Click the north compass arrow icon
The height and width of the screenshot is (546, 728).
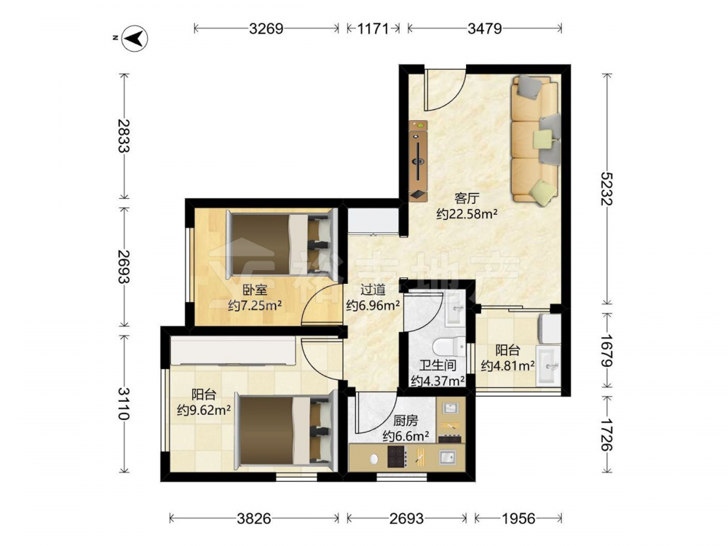[x=134, y=38]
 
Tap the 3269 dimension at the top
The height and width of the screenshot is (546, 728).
[x=266, y=29]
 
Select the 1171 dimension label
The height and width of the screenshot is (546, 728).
[x=373, y=29]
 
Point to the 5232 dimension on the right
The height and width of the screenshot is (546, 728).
[x=607, y=189]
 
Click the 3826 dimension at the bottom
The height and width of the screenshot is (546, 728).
[x=254, y=518]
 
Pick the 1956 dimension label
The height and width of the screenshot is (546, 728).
[x=518, y=518]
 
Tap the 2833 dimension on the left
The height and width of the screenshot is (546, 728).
[x=124, y=136]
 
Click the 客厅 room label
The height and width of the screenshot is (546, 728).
[x=467, y=199]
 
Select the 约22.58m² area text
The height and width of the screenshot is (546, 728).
[x=467, y=214]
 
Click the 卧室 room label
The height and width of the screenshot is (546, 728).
[x=255, y=290]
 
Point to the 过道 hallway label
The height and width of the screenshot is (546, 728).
[x=373, y=290]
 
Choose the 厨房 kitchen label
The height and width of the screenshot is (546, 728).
[x=405, y=421]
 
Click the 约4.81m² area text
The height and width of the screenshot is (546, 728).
[x=507, y=366]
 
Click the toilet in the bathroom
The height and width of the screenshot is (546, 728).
[x=448, y=347]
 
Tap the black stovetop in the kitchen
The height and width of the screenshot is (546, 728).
[x=397, y=456]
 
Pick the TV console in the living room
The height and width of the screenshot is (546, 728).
[x=418, y=161]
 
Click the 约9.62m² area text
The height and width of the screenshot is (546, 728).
[x=205, y=411]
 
